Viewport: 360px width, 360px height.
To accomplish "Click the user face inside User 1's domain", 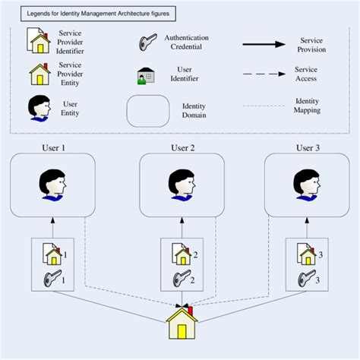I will (52, 185).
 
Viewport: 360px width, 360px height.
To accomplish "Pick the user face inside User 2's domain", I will (181, 185).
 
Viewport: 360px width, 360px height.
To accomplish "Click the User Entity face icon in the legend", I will (39, 109).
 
